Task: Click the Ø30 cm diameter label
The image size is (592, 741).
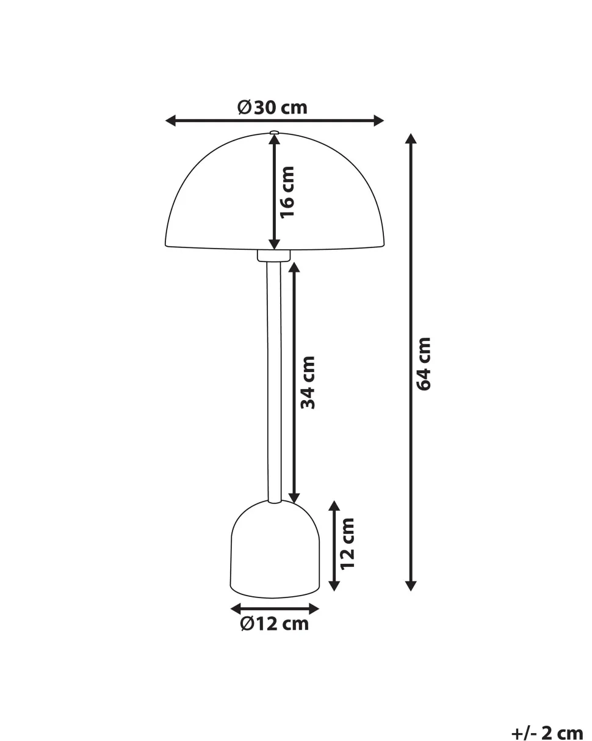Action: [272, 108]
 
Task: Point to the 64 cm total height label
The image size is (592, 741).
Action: [423, 363]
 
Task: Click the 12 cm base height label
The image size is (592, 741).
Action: [347, 543]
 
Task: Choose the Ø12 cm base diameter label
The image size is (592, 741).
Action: [275, 624]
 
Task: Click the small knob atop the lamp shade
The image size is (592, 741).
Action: [274, 131]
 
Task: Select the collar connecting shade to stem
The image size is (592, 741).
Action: [274, 255]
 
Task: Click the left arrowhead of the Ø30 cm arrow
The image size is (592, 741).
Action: [171, 121]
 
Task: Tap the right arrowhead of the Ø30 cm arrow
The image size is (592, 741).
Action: [378, 121]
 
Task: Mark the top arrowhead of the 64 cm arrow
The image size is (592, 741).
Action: [411, 139]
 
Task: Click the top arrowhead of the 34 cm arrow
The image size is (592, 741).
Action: [294, 268]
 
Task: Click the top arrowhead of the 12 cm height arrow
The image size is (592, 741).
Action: [334, 506]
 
